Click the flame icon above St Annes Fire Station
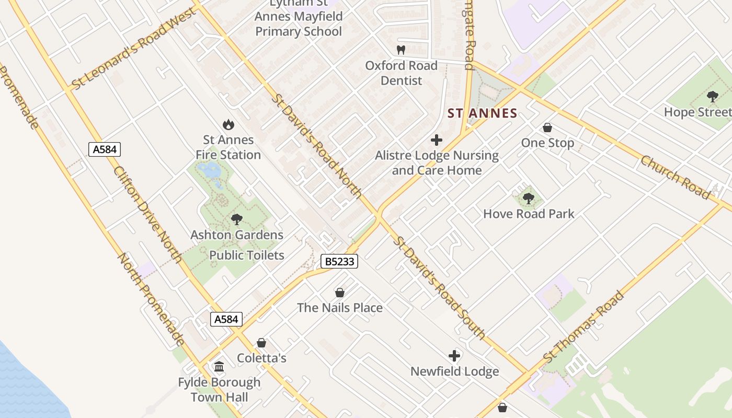click(228, 124)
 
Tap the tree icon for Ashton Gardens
click(237, 219)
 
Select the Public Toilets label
click(247, 255)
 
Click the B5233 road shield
click(339, 261)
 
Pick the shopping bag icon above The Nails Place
click(340, 292)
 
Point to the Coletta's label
click(261, 358)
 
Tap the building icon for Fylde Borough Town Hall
click(219, 367)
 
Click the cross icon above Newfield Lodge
click(454, 356)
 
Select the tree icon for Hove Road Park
click(529, 198)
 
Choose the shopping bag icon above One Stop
click(547, 127)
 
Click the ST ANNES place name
click(483, 113)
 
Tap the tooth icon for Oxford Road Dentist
click(401, 50)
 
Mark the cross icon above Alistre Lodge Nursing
click(437, 140)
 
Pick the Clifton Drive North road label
click(147, 214)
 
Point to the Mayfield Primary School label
click(299, 24)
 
